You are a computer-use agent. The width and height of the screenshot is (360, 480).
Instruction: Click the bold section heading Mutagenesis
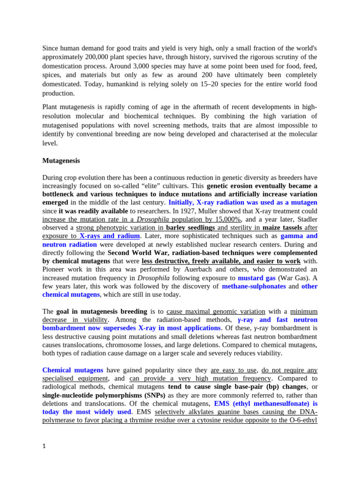(61, 161)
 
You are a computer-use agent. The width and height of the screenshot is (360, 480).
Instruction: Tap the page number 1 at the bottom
(44, 447)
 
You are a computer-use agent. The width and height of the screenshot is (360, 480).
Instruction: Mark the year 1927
(199, 211)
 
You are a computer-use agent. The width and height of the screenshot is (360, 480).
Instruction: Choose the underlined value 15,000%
(226, 219)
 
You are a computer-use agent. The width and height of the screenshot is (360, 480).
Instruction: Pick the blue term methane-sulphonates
(254, 286)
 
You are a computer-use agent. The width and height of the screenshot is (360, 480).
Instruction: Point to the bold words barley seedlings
(190, 228)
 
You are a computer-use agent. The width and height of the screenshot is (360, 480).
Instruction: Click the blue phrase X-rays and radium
(109, 236)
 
